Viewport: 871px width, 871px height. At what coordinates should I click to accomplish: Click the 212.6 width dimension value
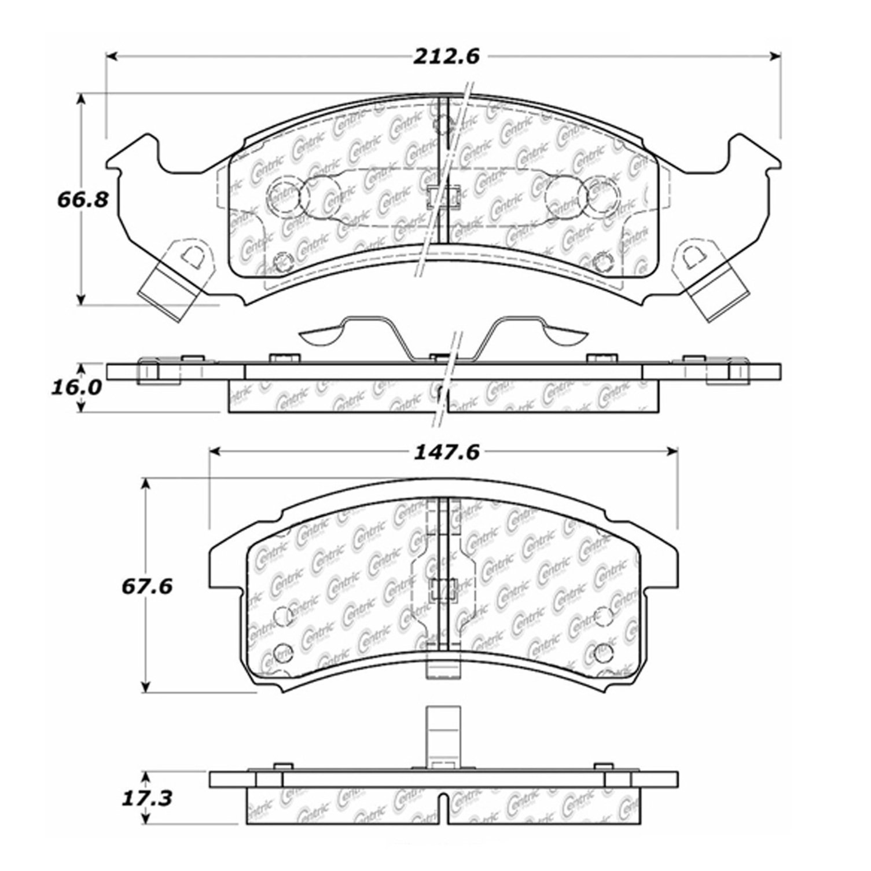tap(446, 56)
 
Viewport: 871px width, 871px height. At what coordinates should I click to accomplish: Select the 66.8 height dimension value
tap(83, 201)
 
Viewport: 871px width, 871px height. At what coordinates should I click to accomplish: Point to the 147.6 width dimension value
tap(446, 452)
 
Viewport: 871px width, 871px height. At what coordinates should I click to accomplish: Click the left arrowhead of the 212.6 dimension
tap(113, 56)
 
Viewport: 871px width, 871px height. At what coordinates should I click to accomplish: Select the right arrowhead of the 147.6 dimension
tap(671, 452)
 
